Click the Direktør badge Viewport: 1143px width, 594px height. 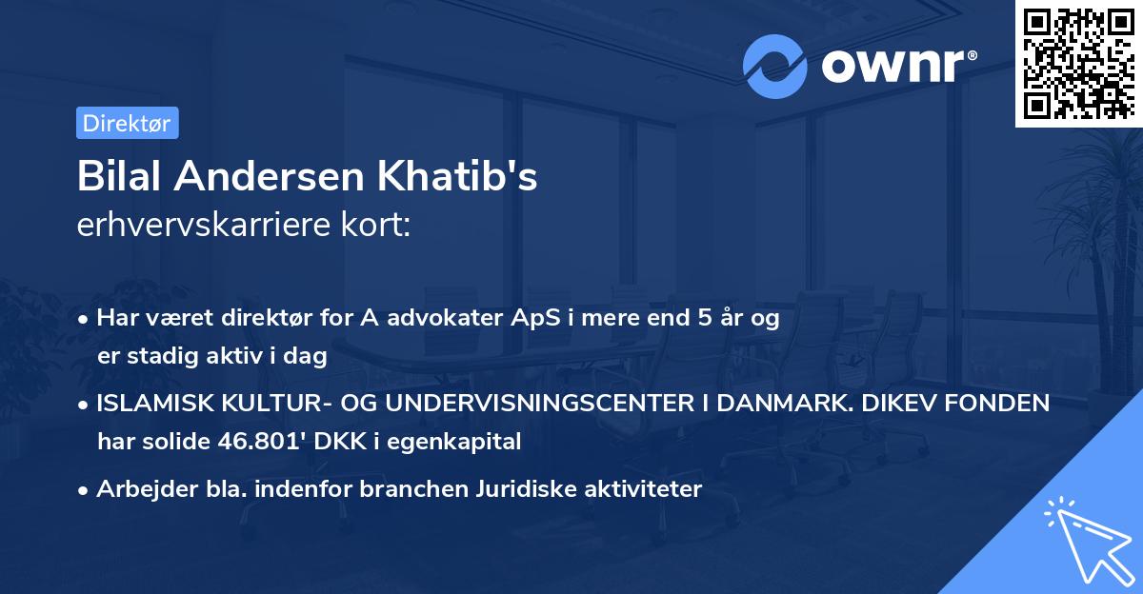[127, 123]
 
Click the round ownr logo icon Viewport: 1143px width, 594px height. [774, 66]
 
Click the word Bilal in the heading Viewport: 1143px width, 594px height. [121, 177]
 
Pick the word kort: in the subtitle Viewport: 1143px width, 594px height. [380, 225]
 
